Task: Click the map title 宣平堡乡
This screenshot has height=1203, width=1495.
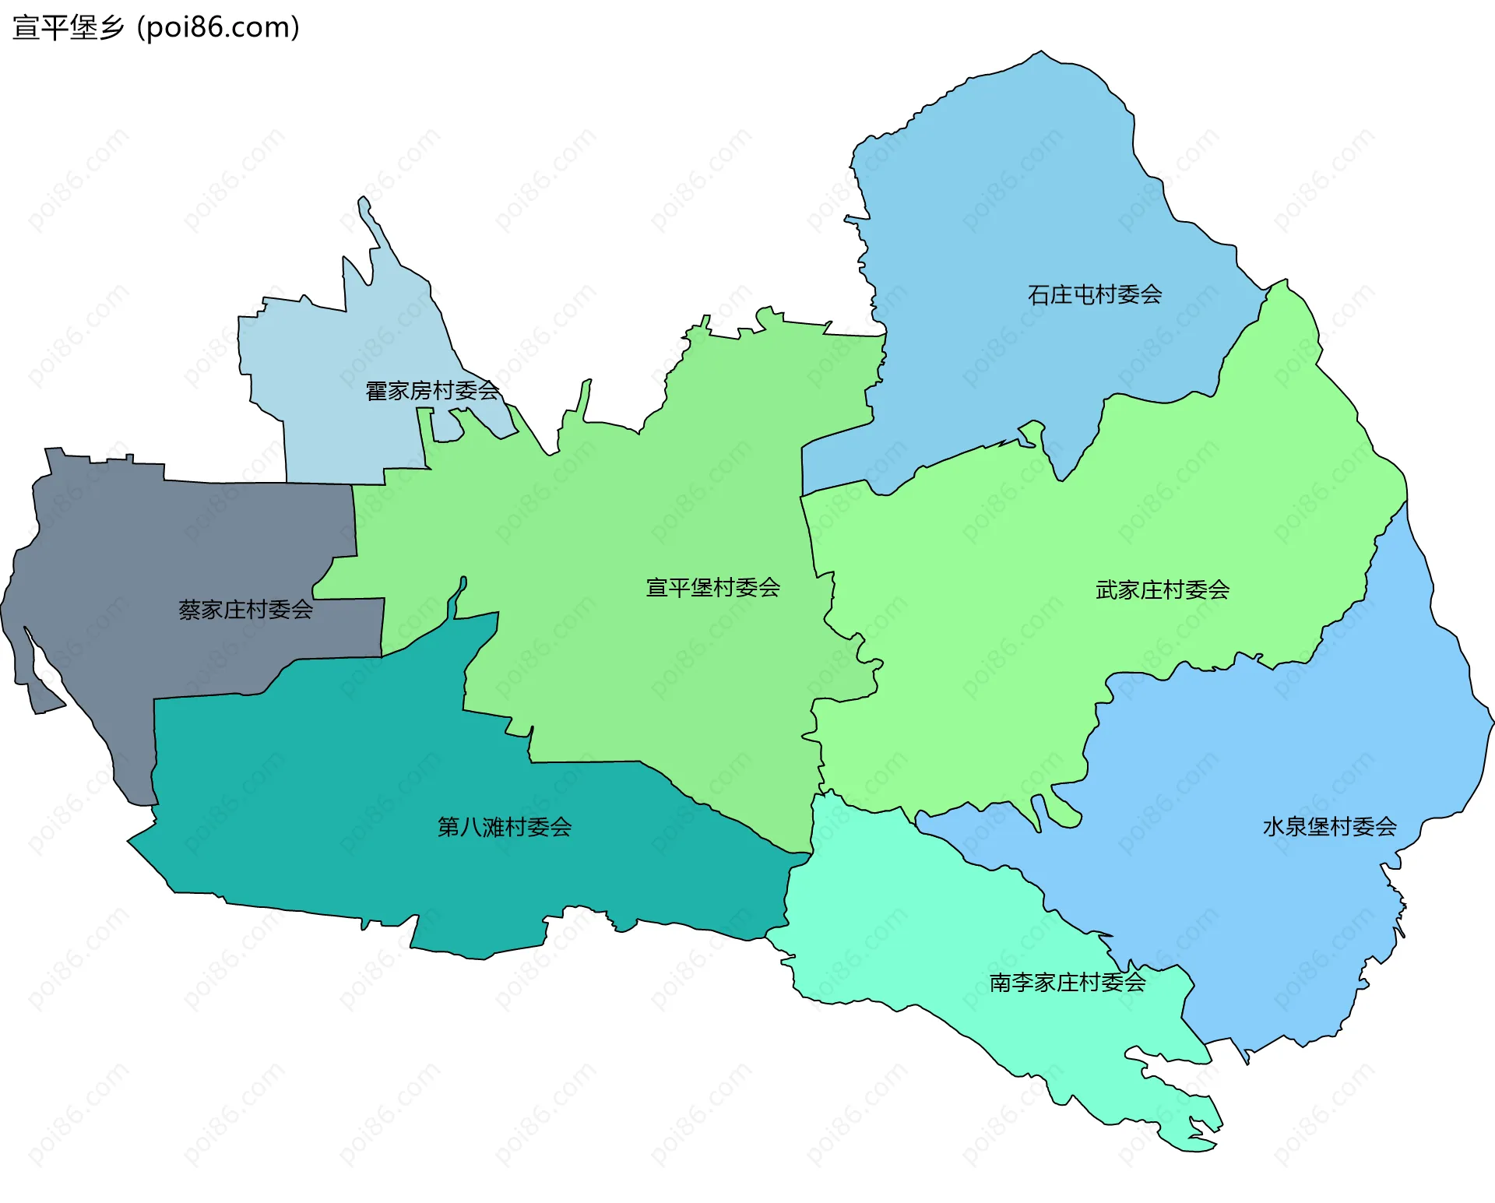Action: (69, 27)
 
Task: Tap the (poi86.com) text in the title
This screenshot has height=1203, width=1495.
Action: (218, 27)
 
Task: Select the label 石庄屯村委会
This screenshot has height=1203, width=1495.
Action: (1095, 294)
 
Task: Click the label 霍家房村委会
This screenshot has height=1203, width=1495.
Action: (432, 390)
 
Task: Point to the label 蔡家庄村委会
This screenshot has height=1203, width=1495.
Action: (245, 609)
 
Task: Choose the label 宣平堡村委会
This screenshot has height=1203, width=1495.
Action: (712, 587)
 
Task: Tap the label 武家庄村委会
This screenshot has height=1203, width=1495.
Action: (1162, 589)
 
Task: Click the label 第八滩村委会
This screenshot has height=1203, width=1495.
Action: (505, 826)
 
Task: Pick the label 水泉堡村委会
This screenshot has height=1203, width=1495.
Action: (1329, 826)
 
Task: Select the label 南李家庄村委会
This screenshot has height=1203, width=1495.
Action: (1067, 982)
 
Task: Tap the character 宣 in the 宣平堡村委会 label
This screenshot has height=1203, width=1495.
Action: (657, 587)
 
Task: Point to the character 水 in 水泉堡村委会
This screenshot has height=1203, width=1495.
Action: (1274, 826)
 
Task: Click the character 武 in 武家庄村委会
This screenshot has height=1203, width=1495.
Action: (1106, 589)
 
